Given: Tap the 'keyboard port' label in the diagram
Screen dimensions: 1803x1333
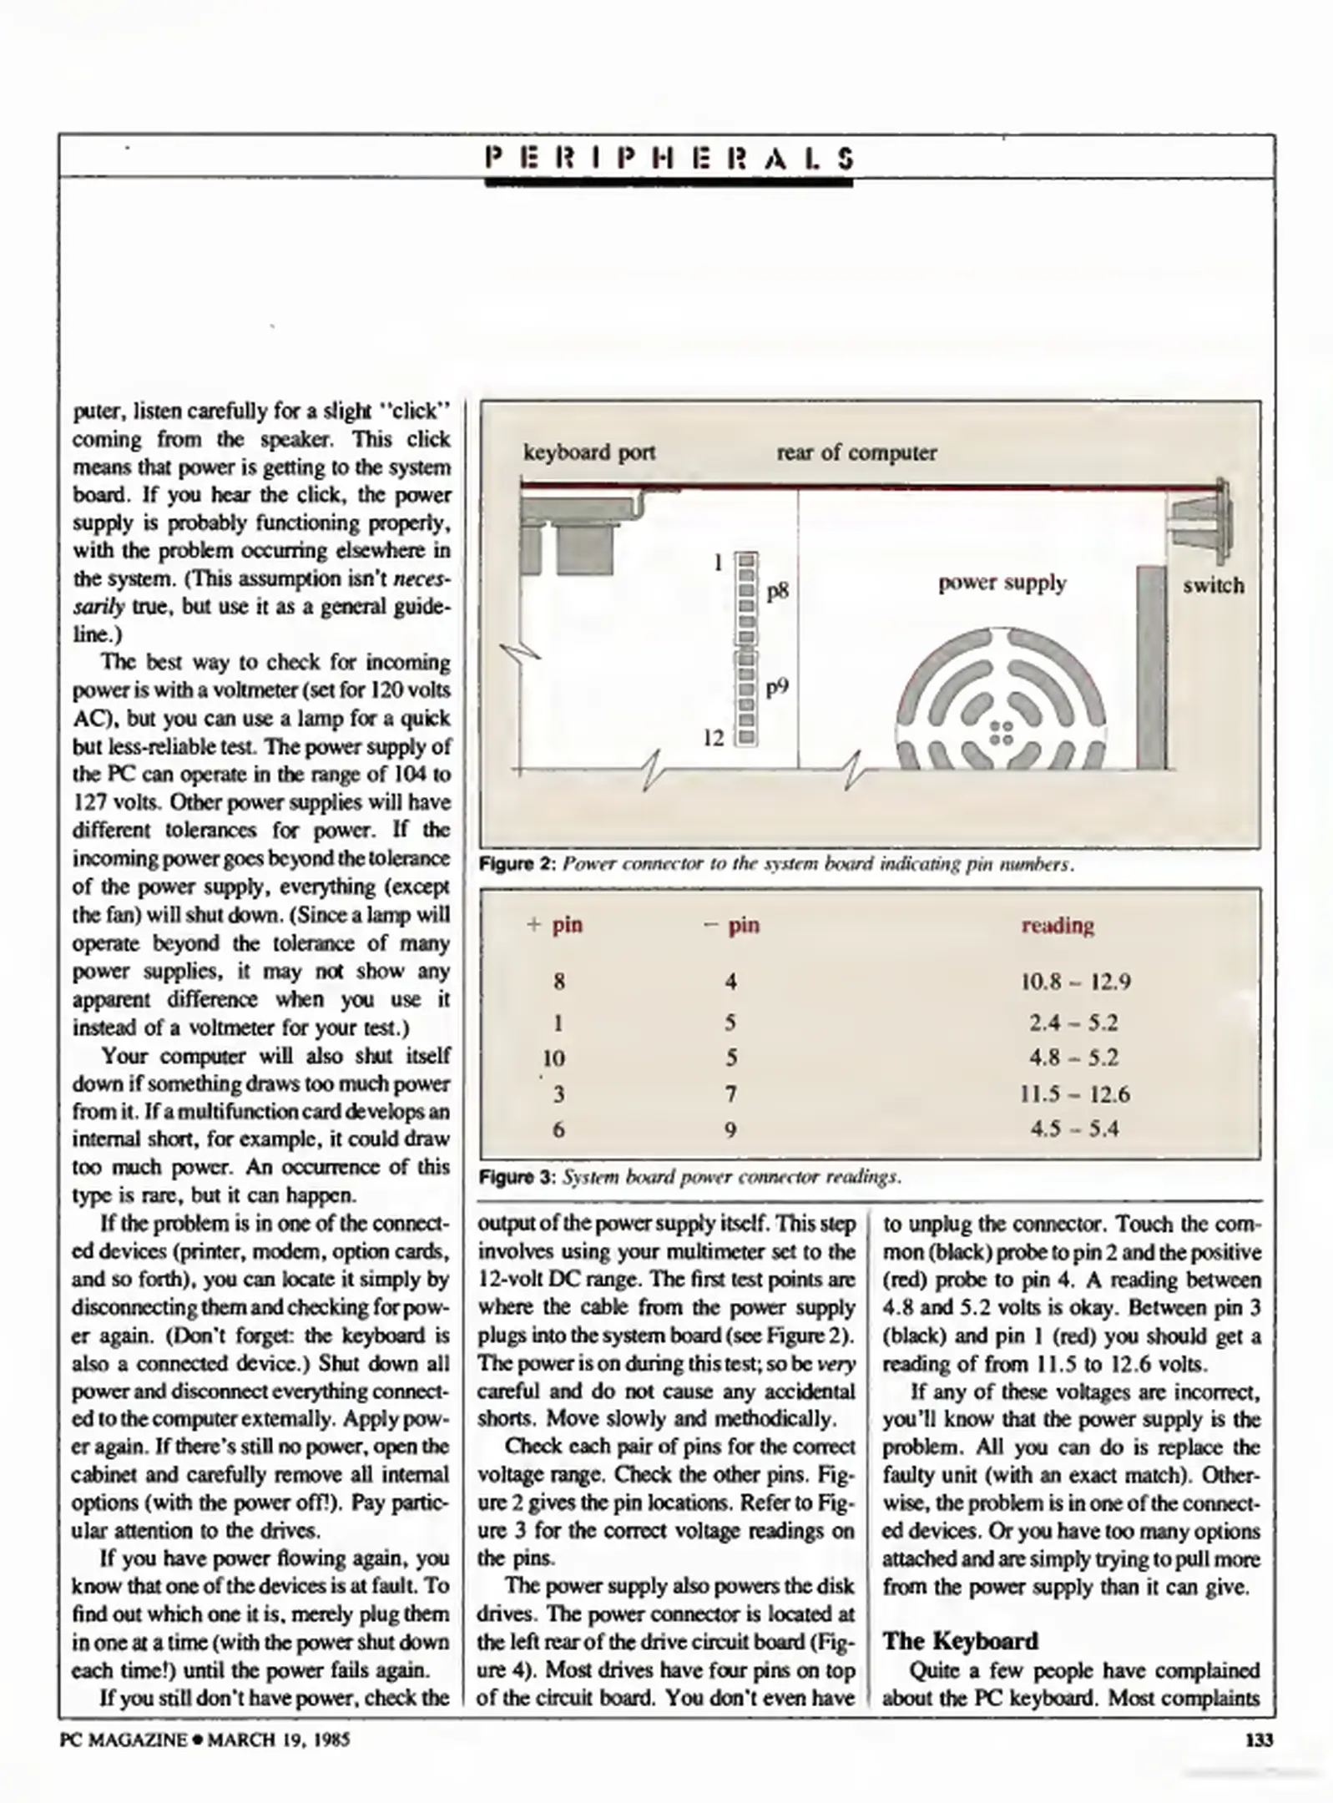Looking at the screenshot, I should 588,452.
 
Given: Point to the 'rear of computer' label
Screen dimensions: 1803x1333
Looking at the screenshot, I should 856,452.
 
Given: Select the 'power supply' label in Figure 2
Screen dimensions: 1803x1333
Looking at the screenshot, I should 1002,583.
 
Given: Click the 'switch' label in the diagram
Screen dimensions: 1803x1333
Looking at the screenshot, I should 1213,585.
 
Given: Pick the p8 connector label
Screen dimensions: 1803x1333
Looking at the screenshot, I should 777,592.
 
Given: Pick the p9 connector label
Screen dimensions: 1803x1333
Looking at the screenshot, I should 777,688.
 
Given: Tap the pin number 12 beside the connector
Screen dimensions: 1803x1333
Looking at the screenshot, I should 714,738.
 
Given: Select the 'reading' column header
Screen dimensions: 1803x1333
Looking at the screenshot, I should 1058,925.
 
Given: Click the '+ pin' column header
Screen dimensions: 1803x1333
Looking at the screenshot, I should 555,925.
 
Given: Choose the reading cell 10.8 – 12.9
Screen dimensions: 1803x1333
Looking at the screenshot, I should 1075,982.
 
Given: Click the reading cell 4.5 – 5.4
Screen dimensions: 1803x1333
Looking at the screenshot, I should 1074,1129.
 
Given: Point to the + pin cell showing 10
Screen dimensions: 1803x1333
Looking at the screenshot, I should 554,1058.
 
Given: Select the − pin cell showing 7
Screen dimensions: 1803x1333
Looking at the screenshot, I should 730,1094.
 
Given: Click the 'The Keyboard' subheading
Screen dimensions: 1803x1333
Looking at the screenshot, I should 960,1641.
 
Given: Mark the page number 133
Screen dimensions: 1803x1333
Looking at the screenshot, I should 1258,1740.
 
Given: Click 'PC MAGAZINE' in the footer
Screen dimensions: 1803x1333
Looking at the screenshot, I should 124,1740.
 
